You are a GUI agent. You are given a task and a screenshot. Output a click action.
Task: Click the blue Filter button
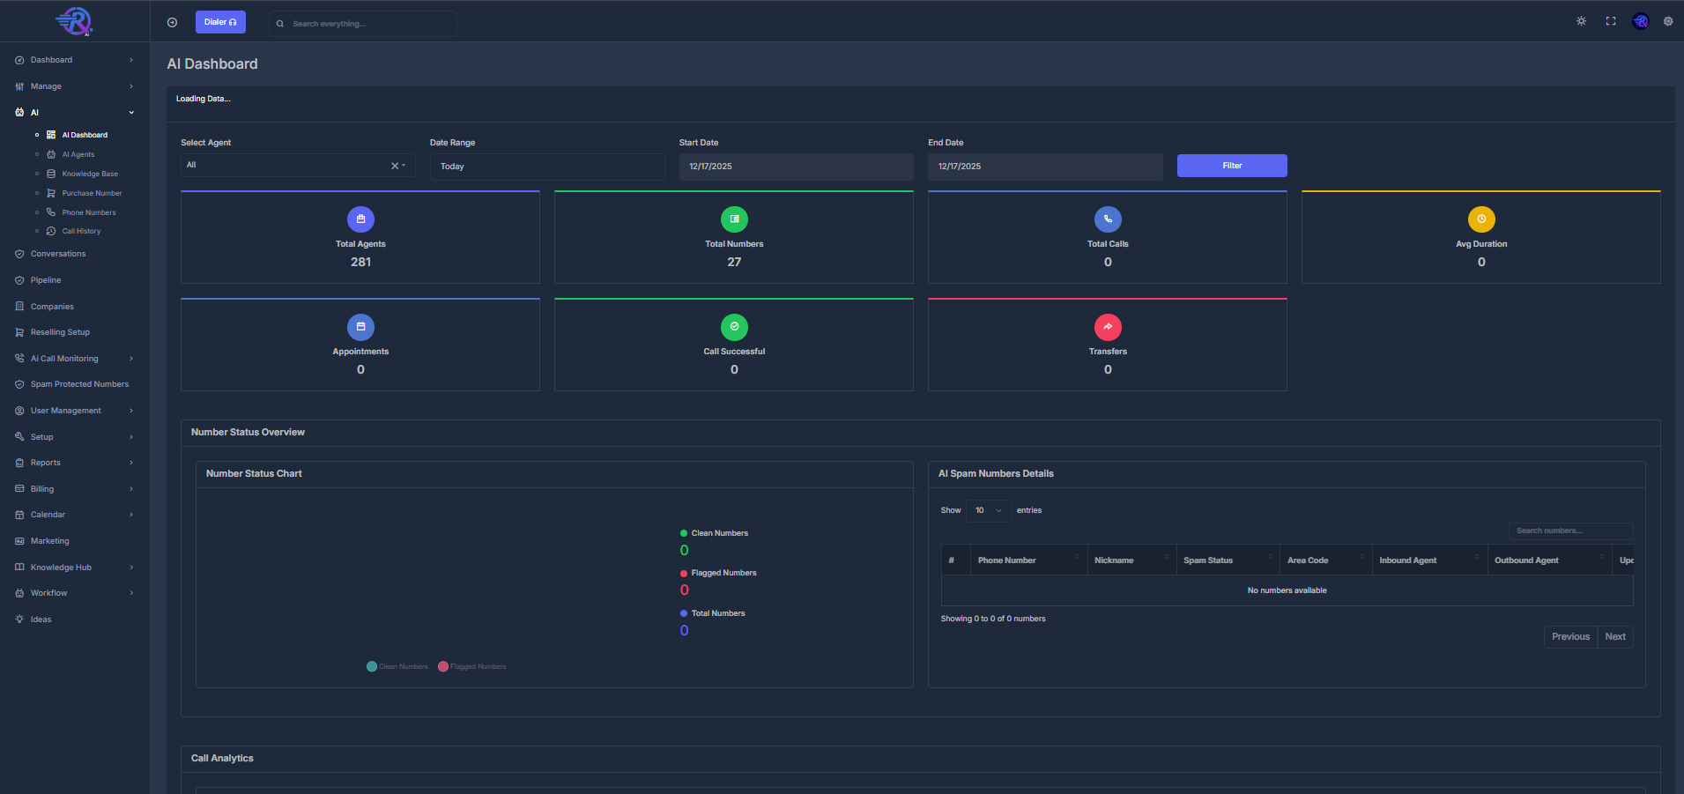pos(1231,166)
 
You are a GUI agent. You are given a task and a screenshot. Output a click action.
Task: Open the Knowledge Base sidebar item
pos(89,174)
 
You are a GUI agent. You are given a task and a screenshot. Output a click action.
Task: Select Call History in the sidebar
pos(81,231)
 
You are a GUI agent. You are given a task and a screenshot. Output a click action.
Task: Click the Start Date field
pos(795,167)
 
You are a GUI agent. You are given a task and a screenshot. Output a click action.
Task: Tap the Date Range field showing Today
pos(546,167)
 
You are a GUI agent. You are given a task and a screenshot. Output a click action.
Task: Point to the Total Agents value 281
pos(360,262)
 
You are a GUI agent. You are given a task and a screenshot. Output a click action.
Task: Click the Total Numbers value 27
pos(734,262)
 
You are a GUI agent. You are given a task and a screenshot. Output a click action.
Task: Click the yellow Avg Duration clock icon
pos(1480,219)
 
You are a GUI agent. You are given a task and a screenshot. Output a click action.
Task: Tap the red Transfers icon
pos(1107,327)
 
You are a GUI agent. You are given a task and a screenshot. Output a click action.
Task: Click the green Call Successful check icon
pos(734,327)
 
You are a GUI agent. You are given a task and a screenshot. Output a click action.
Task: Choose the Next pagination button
pos(1614,636)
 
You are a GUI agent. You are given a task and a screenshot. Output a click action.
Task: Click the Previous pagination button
pos(1569,636)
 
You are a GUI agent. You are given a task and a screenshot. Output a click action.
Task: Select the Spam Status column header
pos(1208,560)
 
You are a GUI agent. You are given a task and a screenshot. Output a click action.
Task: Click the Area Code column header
pos(1307,560)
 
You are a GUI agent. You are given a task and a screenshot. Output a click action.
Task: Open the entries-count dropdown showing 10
pos(988,510)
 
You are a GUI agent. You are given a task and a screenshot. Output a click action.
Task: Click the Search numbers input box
pos(1569,531)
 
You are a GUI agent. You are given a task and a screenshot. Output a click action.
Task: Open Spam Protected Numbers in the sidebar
pos(79,384)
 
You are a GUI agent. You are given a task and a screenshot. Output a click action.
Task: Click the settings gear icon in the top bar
pos(1667,21)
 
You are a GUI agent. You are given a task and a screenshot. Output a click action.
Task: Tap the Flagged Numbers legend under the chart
pos(473,666)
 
